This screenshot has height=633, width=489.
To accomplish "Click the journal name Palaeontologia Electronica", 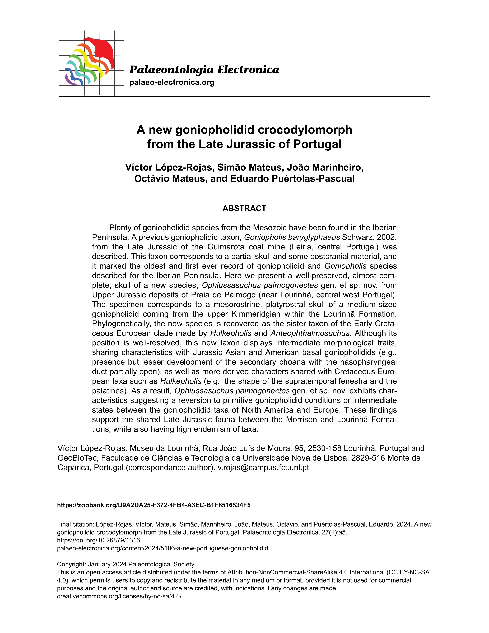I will [204, 70].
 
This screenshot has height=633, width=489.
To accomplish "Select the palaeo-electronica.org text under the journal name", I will [172, 82].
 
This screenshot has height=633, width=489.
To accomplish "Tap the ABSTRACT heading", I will [244, 208].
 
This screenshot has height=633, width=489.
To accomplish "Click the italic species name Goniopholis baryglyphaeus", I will [292, 237].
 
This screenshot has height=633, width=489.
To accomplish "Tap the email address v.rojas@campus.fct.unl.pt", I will [263, 467].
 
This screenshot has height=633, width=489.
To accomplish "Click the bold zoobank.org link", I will [154, 505].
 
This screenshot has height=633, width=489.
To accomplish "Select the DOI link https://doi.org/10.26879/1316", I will [99, 540].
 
